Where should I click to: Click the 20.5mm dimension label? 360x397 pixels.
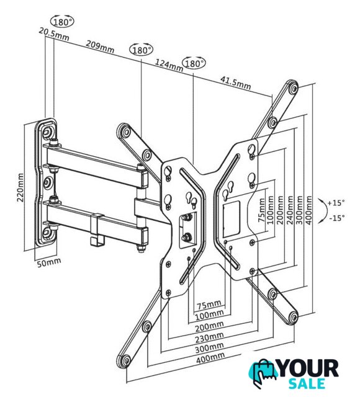tap(54, 34)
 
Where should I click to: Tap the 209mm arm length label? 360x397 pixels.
tap(100, 47)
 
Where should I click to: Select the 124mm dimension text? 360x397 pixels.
tap(169, 65)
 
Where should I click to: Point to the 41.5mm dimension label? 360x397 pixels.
tap(236, 83)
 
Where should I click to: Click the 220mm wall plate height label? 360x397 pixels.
tap(20, 187)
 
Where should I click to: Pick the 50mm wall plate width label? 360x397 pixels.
tap(49, 262)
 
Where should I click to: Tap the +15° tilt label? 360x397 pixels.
tap(336, 203)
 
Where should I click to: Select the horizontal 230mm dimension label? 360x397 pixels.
tap(209, 337)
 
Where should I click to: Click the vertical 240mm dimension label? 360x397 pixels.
tap(290, 210)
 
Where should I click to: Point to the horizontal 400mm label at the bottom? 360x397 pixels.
tap(210, 358)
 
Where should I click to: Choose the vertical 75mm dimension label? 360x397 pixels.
tap(262, 210)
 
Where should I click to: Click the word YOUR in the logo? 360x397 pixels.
tap(308, 368)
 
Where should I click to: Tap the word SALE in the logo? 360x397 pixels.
tap(307, 384)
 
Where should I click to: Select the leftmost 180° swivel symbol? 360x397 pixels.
tap(62, 22)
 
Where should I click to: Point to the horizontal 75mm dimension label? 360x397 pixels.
tap(209, 304)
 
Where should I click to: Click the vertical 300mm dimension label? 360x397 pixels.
tap(299, 210)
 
